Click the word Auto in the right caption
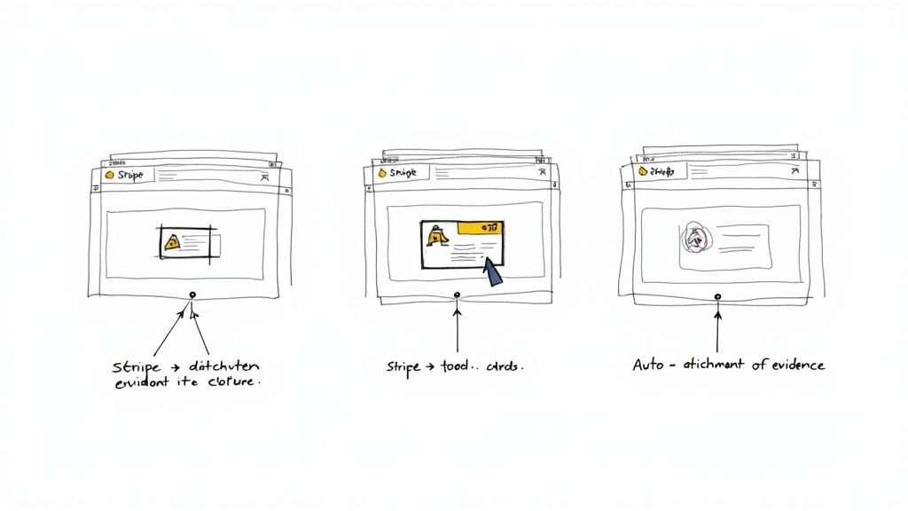point(648,365)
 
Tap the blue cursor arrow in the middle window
point(492,271)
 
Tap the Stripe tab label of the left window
point(129,175)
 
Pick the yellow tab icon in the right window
point(646,170)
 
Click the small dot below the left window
point(191,294)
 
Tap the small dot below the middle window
point(457,295)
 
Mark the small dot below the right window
point(717,295)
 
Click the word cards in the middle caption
point(503,366)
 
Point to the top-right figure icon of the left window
point(264,177)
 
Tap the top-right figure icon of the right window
point(796,171)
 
